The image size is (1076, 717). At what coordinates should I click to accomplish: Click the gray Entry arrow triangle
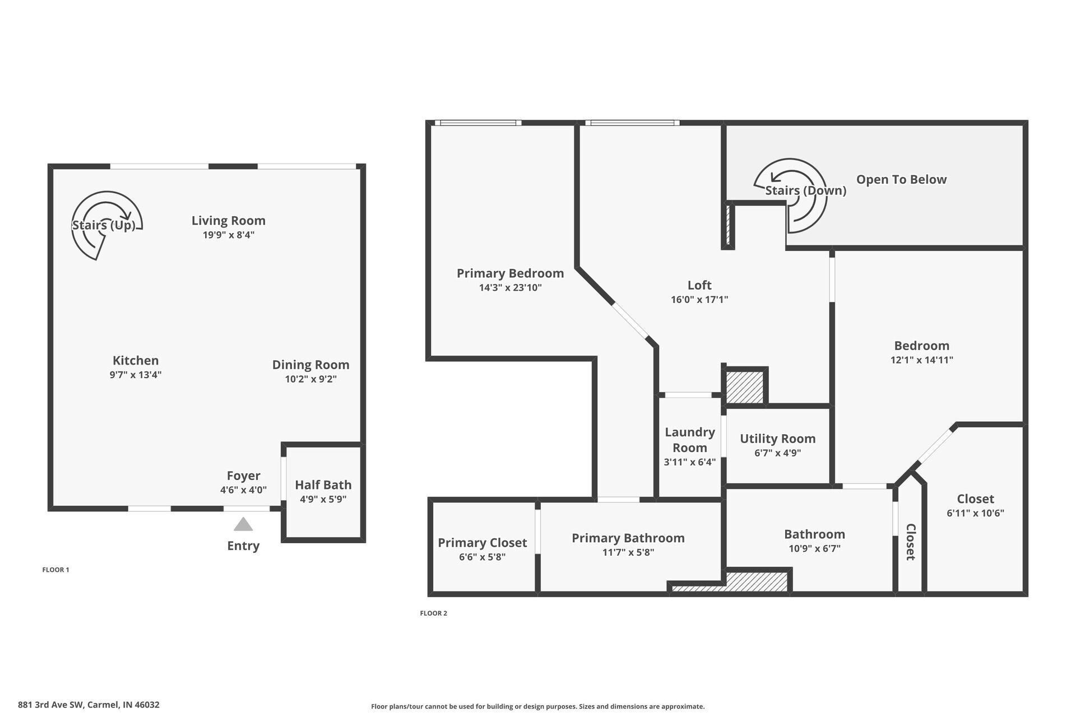243,525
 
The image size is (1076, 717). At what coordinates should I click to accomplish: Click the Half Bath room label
323,485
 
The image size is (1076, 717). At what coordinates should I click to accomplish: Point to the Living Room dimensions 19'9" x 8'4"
229,235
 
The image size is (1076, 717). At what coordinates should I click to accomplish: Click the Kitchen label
136,361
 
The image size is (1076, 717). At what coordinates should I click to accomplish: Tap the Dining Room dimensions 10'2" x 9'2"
310,379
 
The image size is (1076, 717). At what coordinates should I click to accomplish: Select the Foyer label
243,476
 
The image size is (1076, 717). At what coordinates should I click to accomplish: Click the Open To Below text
901,180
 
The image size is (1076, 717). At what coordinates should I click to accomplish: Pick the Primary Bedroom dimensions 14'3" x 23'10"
510,288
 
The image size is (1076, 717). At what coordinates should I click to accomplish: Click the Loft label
699,285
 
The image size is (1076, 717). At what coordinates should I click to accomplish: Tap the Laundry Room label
690,440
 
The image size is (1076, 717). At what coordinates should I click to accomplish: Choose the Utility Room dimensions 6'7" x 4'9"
777,453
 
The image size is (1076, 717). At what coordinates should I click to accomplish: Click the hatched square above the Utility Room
745,387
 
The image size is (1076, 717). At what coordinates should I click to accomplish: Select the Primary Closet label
482,543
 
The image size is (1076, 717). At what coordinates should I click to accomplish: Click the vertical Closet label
910,542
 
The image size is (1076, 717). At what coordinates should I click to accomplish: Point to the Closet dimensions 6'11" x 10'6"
975,513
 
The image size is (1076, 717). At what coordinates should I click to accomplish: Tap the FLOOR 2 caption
433,613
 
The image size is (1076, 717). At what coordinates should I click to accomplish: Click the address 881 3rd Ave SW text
89,705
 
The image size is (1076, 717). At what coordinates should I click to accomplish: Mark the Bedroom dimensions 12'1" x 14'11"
921,360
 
